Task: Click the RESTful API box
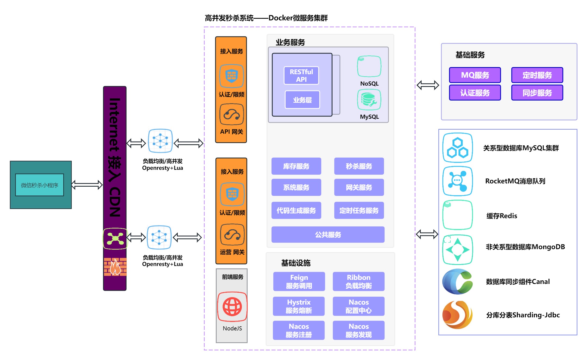point(301,76)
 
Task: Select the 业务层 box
point(302,100)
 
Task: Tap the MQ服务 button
point(475,75)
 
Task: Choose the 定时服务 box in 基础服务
point(537,75)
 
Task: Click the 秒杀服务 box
point(359,166)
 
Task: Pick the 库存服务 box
point(296,166)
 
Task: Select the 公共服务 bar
point(328,234)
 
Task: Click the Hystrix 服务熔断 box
point(299,306)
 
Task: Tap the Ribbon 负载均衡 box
point(358,281)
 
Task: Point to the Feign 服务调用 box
point(299,281)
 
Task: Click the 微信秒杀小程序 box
point(40,185)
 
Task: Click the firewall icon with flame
point(115,267)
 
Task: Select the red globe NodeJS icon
point(232,307)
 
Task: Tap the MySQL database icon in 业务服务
point(369,100)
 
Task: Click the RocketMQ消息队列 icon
point(458,181)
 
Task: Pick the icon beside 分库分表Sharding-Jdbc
point(458,315)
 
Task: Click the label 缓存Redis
point(502,216)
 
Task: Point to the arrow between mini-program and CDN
point(87,185)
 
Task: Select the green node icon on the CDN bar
point(115,239)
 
